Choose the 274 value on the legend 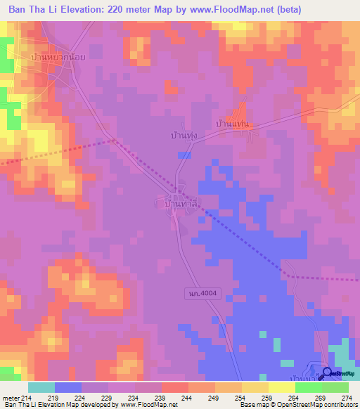click(346, 398)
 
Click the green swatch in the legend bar click(335, 387)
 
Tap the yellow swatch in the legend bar click(281, 387)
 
